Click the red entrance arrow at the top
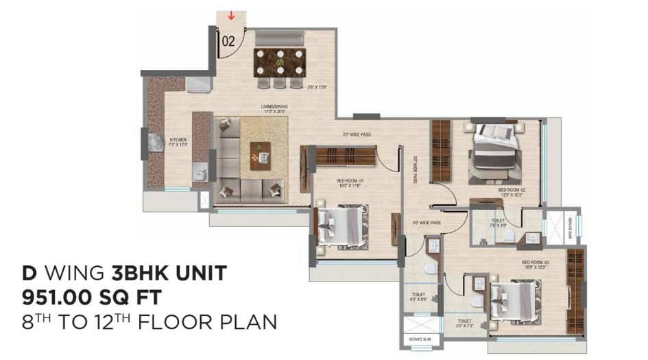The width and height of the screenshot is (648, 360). pos(231,15)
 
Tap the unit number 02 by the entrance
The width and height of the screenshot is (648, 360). pos(228,40)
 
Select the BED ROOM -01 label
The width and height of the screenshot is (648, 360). pos(350,182)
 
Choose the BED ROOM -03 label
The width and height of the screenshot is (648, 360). pos(536,263)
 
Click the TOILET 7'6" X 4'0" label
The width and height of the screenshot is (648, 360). pos(499,223)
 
